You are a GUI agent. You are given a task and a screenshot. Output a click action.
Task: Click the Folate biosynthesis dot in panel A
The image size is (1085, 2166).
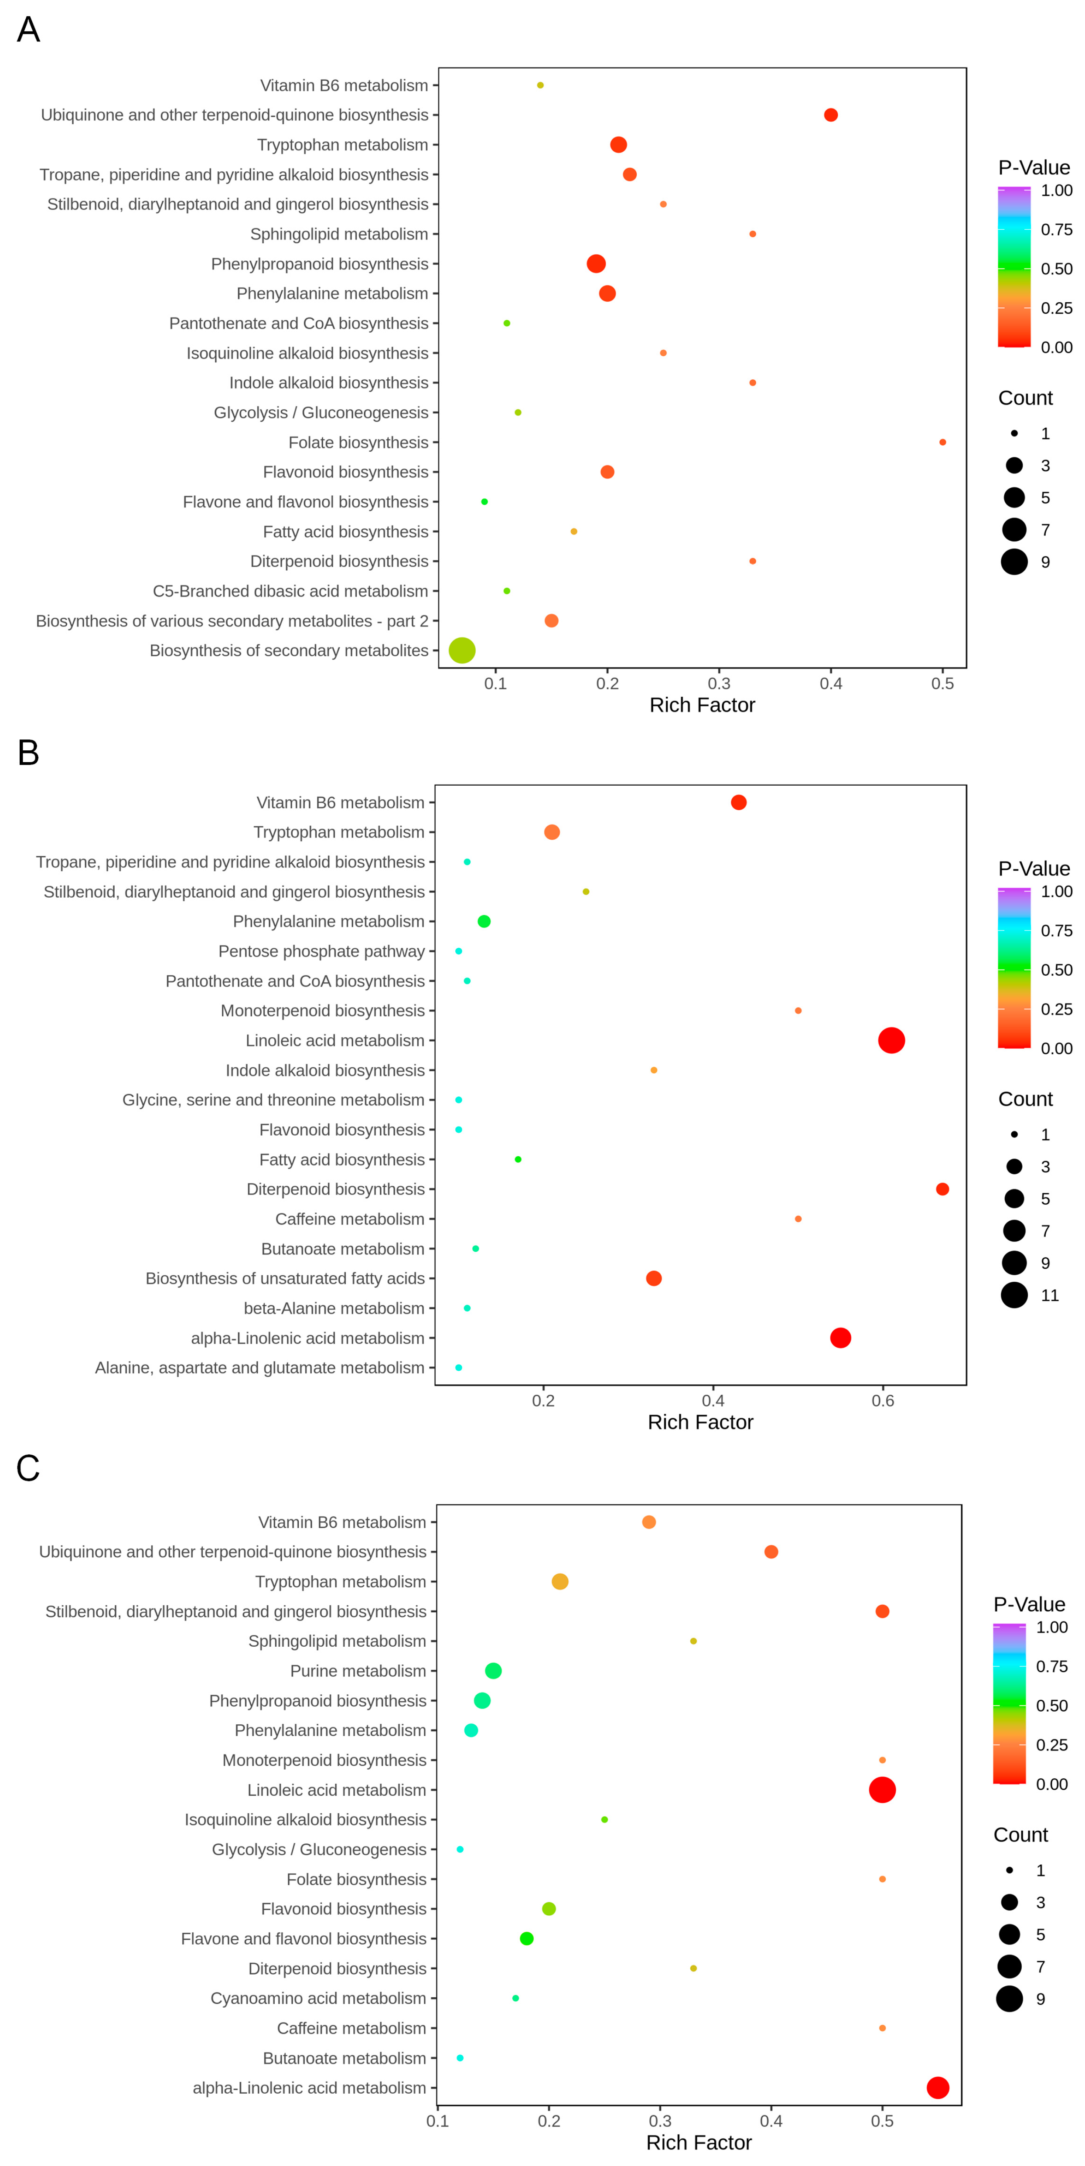point(942,442)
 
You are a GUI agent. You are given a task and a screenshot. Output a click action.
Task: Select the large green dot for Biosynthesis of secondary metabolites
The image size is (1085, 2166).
point(462,650)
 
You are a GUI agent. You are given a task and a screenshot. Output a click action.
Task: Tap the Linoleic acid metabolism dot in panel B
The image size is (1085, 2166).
point(891,1040)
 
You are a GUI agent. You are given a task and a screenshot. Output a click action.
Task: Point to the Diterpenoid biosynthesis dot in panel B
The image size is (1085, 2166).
point(942,1189)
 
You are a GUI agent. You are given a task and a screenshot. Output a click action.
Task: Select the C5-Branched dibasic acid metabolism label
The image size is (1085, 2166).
point(290,591)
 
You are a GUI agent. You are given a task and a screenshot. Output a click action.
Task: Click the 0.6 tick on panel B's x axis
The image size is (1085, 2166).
point(882,1401)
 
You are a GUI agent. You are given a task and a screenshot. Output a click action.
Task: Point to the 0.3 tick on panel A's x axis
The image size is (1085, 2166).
point(719,684)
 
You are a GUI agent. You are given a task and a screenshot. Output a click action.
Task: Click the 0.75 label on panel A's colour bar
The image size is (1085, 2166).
point(1056,229)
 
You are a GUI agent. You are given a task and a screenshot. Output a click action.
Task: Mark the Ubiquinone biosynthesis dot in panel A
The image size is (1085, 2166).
point(830,115)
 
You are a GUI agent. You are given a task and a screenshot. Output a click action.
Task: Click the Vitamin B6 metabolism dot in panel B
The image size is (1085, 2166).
point(737,802)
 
